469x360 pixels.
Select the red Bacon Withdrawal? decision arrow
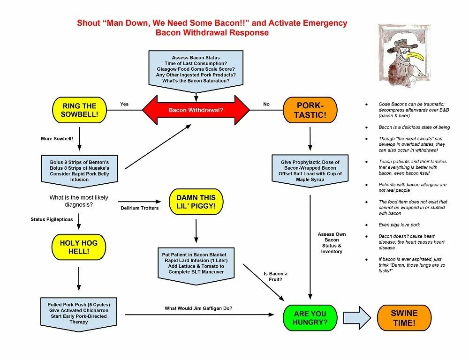tap(196, 110)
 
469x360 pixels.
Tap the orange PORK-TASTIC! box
tap(310, 110)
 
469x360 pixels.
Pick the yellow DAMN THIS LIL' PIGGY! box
tap(196, 202)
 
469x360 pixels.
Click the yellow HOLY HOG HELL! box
tap(79, 247)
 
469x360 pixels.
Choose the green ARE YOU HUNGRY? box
tap(310, 318)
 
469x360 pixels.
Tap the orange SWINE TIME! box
tap(404, 318)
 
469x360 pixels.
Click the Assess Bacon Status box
tap(196, 69)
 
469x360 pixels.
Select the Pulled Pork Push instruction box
tap(79, 313)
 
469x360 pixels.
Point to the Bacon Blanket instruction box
tap(196, 263)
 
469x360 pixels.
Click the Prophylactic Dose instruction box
tap(310, 171)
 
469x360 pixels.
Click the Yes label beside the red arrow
tap(124, 104)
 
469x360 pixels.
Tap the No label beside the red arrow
tap(266, 104)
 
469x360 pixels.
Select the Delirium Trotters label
tap(140, 208)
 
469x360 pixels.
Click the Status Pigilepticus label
tap(52, 219)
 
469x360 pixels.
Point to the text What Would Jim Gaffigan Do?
tap(198, 308)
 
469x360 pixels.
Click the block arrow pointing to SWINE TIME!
tap(356, 317)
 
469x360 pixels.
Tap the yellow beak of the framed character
tap(415, 56)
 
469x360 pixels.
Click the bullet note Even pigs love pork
tap(399, 225)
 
